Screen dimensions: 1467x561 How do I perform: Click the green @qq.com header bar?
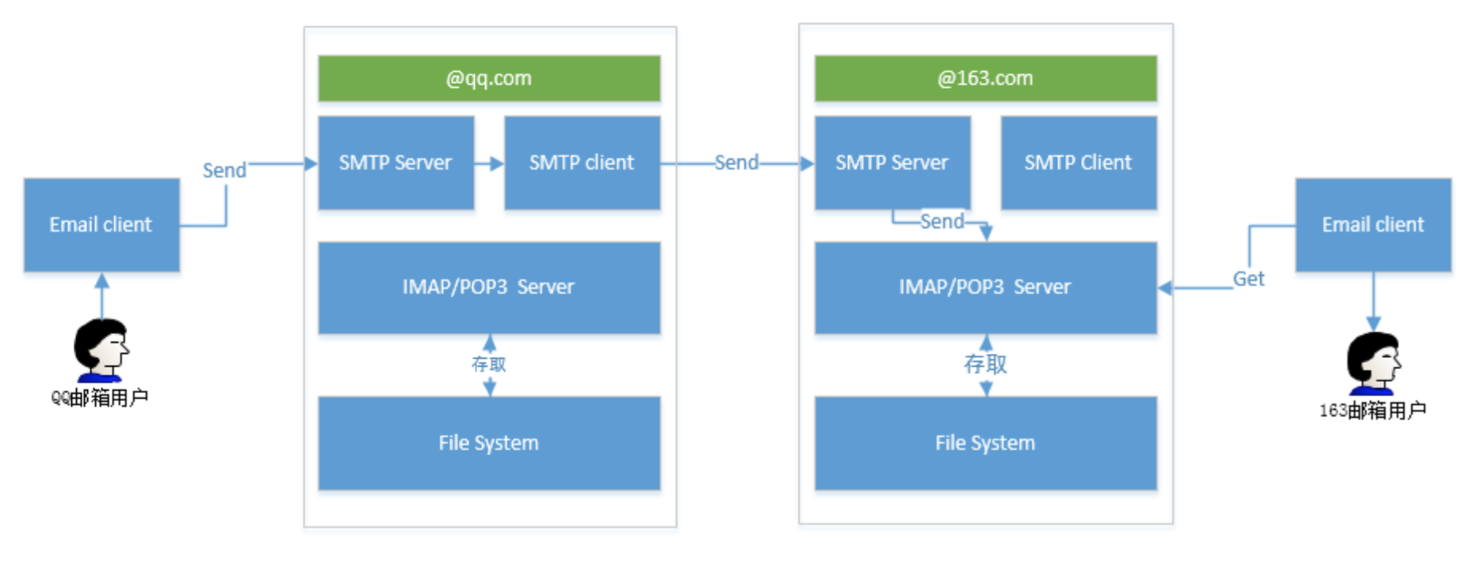coord(489,78)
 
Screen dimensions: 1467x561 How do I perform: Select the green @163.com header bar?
coord(985,78)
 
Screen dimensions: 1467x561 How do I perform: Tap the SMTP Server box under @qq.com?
coord(396,163)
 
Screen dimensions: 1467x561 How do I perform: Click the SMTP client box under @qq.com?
coord(582,163)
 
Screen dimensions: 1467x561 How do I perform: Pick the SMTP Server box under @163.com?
coord(893,163)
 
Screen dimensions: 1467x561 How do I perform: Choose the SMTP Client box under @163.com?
coord(1079,163)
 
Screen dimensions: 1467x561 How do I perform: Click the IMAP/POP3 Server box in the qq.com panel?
coord(489,288)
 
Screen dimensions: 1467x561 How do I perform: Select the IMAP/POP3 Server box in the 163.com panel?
coord(985,288)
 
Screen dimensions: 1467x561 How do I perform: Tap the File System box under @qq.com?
coord(489,444)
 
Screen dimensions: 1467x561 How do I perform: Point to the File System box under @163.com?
coord(985,444)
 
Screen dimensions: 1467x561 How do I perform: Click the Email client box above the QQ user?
coord(101,225)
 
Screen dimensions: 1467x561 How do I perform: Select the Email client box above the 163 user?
coord(1374,225)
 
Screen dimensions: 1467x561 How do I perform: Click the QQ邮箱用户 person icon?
coord(101,350)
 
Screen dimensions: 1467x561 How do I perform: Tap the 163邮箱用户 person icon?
coord(1374,364)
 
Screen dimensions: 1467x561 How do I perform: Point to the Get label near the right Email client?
coord(1248,279)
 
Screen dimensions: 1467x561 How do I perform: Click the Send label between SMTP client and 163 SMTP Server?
coord(736,163)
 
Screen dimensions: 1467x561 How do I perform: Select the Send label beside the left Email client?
coord(225,170)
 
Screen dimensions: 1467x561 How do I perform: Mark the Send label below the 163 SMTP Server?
coord(942,221)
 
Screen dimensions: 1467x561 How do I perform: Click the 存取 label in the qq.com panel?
coord(489,364)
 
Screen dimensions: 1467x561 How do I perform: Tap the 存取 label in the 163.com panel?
coord(985,364)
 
